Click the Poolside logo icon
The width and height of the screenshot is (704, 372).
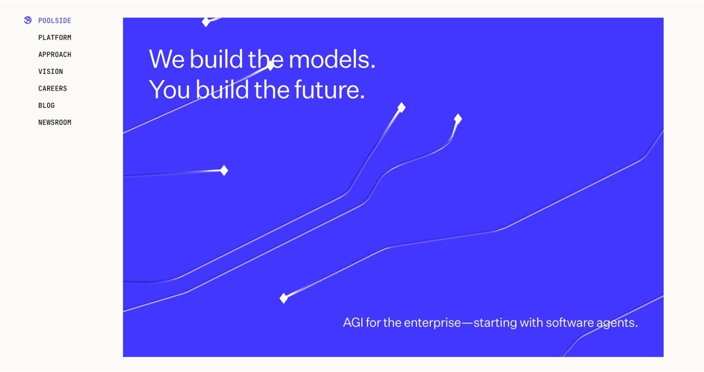[x=28, y=21]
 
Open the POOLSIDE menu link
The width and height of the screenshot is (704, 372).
[x=55, y=21]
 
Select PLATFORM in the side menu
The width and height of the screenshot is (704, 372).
[x=55, y=38]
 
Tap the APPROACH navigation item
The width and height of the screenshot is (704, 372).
[x=55, y=55]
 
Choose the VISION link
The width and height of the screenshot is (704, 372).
[x=51, y=72]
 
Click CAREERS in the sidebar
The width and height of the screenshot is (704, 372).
[x=53, y=89]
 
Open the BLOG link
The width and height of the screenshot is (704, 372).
[x=47, y=106]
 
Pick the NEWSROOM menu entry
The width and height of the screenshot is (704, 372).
[x=55, y=123]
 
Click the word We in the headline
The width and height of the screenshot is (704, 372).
[x=167, y=59]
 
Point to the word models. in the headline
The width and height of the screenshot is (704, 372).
[x=332, y=59]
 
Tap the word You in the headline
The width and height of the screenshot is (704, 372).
[x=170, y=90]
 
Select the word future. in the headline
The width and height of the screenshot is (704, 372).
[x=330, y=90]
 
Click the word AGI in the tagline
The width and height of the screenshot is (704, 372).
[x=353, y=323]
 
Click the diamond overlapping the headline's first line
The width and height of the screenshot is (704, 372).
[x=270, y=66]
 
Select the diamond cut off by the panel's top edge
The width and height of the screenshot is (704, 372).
[x=206, y=22]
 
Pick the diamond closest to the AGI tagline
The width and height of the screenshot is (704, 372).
[x=284, y=298]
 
